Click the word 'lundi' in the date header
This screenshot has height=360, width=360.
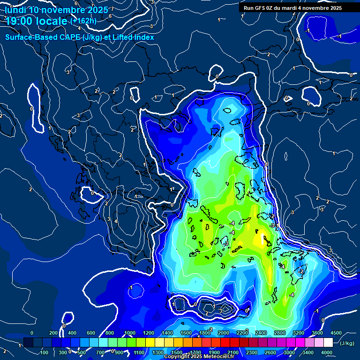(x=15, y=10)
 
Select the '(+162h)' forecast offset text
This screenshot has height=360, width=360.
(x=83, y=21)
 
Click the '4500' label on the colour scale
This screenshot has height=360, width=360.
(x=336, y=333)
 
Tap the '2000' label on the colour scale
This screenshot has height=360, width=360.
(x=223, y=333)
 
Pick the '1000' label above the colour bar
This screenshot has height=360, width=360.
(x=129, y=333)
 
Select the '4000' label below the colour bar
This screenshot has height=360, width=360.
(x=327, y=352)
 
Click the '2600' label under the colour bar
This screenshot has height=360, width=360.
(x=270, y=352)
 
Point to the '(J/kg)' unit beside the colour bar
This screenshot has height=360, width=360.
(x=347, y=343)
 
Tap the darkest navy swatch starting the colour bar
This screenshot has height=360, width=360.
(x=28, y=343)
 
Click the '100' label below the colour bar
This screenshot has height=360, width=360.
(x=45, y=352)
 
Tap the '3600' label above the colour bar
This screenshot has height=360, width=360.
(x=317, y=333)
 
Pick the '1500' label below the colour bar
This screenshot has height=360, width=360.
(x=177, y=352)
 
